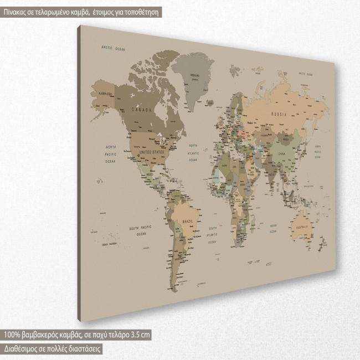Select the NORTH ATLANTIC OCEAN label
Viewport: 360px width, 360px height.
193,152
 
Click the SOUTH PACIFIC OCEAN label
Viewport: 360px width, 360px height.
141,231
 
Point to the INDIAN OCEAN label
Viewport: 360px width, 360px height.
272,228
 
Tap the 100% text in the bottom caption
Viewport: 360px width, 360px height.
12,335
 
